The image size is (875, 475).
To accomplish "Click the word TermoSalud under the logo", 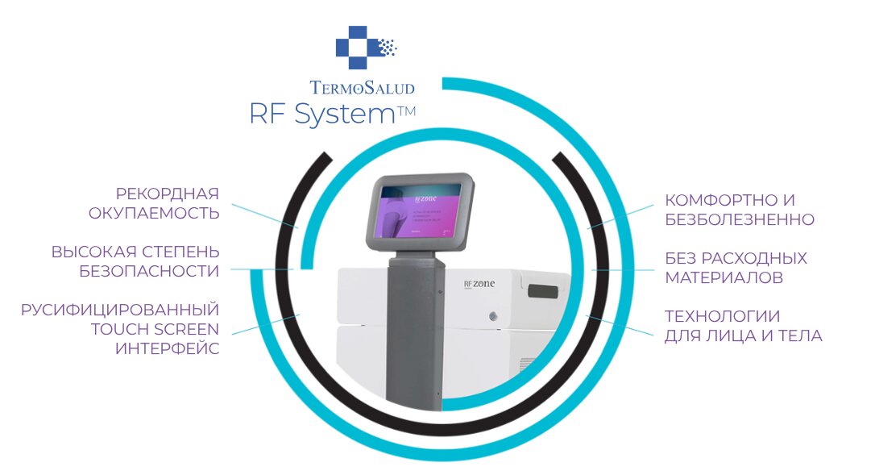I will coord(362,87).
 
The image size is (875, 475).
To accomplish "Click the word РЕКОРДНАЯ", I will coord(168,194).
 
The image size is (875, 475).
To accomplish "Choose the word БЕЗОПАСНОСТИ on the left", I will coord(149,271).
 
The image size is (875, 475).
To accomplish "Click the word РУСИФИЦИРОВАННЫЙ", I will coord(120,310).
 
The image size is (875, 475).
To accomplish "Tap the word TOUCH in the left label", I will coord(118,329).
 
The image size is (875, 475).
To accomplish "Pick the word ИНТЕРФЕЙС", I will coord(167,348).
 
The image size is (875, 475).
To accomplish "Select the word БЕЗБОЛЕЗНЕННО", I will coord(740,219).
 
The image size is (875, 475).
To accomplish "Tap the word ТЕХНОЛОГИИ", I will coord(722,316).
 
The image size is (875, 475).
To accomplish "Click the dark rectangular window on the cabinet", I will coord(546,290).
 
